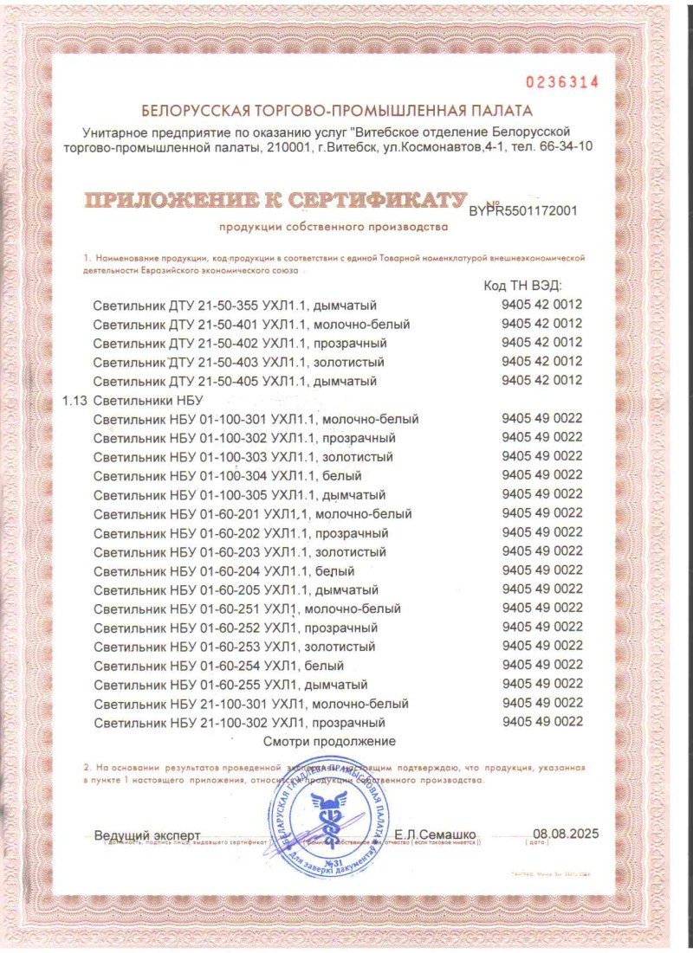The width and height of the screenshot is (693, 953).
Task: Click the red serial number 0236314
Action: point(563,82)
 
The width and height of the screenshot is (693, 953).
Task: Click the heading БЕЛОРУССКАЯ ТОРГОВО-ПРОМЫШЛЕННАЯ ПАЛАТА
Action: point(337,111)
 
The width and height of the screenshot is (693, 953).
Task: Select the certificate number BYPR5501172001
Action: point(522,209)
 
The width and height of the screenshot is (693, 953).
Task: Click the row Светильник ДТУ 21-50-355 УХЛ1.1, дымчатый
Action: point(235,306)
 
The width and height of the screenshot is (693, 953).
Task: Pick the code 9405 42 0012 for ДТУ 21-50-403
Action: point(541,362)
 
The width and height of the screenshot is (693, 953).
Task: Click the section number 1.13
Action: point(75,400)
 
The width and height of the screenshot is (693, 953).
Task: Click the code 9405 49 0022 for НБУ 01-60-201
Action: point(541,513)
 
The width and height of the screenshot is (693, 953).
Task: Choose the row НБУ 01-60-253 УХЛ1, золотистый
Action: point(234,647)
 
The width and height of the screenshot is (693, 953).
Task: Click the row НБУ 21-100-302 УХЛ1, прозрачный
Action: point(239,723)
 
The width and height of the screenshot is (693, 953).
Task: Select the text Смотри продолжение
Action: point(329,742)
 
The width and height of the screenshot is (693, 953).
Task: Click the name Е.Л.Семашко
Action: point(434,834)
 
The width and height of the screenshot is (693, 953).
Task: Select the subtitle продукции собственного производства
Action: point(334,229)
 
